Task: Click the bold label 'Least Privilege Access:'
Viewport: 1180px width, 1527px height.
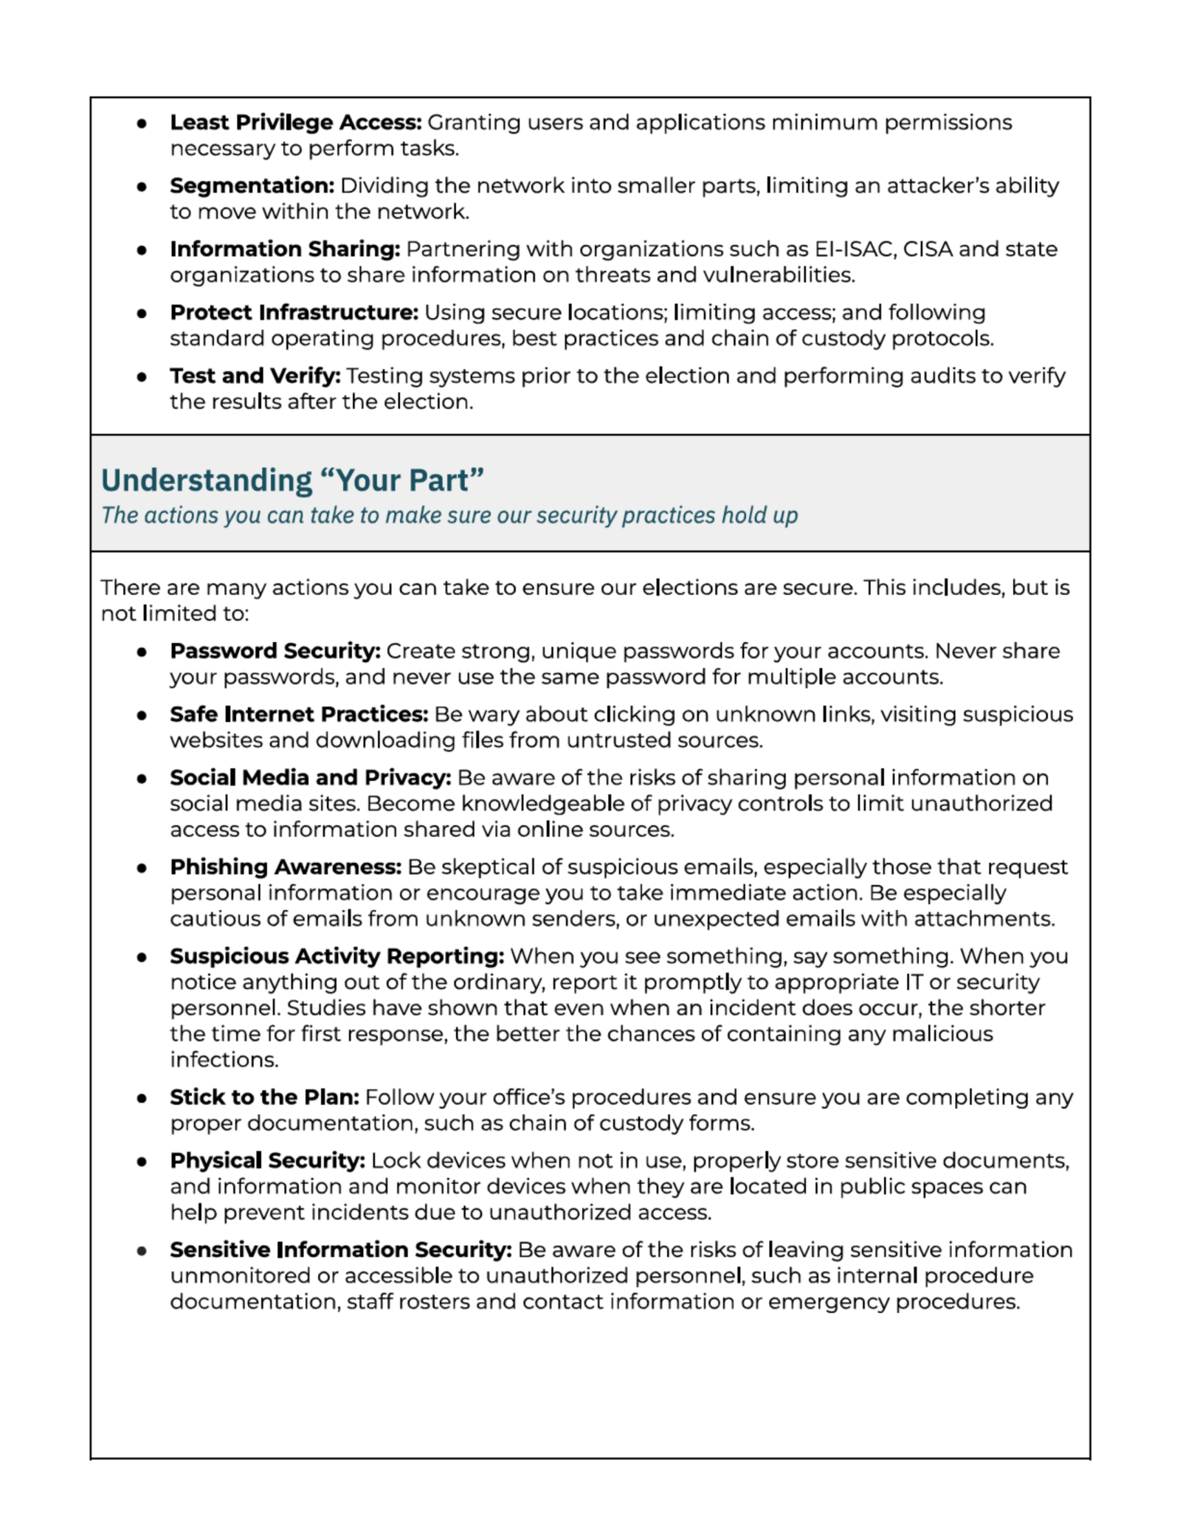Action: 295,123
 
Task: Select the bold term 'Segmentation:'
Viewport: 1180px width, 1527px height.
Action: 252,186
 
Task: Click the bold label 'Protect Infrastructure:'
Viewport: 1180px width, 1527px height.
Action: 294,313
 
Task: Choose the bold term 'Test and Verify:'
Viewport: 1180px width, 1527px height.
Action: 255,376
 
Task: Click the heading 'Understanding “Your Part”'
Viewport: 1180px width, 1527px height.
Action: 292,480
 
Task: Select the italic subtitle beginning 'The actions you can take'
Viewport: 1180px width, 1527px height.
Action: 449,515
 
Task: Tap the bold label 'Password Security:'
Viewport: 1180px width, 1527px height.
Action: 275,652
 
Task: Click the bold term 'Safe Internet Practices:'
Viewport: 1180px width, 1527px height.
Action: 298,715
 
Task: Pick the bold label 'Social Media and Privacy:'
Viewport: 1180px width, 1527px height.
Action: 310,778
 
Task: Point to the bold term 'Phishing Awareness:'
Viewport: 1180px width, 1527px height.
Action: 286,867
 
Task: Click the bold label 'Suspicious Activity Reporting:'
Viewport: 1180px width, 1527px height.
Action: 337,956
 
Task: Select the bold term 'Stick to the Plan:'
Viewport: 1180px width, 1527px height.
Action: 264,1097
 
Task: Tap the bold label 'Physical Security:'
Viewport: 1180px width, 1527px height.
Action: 267,1161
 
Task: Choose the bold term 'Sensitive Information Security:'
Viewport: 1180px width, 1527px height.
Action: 340,1250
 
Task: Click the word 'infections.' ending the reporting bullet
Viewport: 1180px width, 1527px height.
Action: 224,1061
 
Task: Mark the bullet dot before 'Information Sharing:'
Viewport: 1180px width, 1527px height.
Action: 141,250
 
